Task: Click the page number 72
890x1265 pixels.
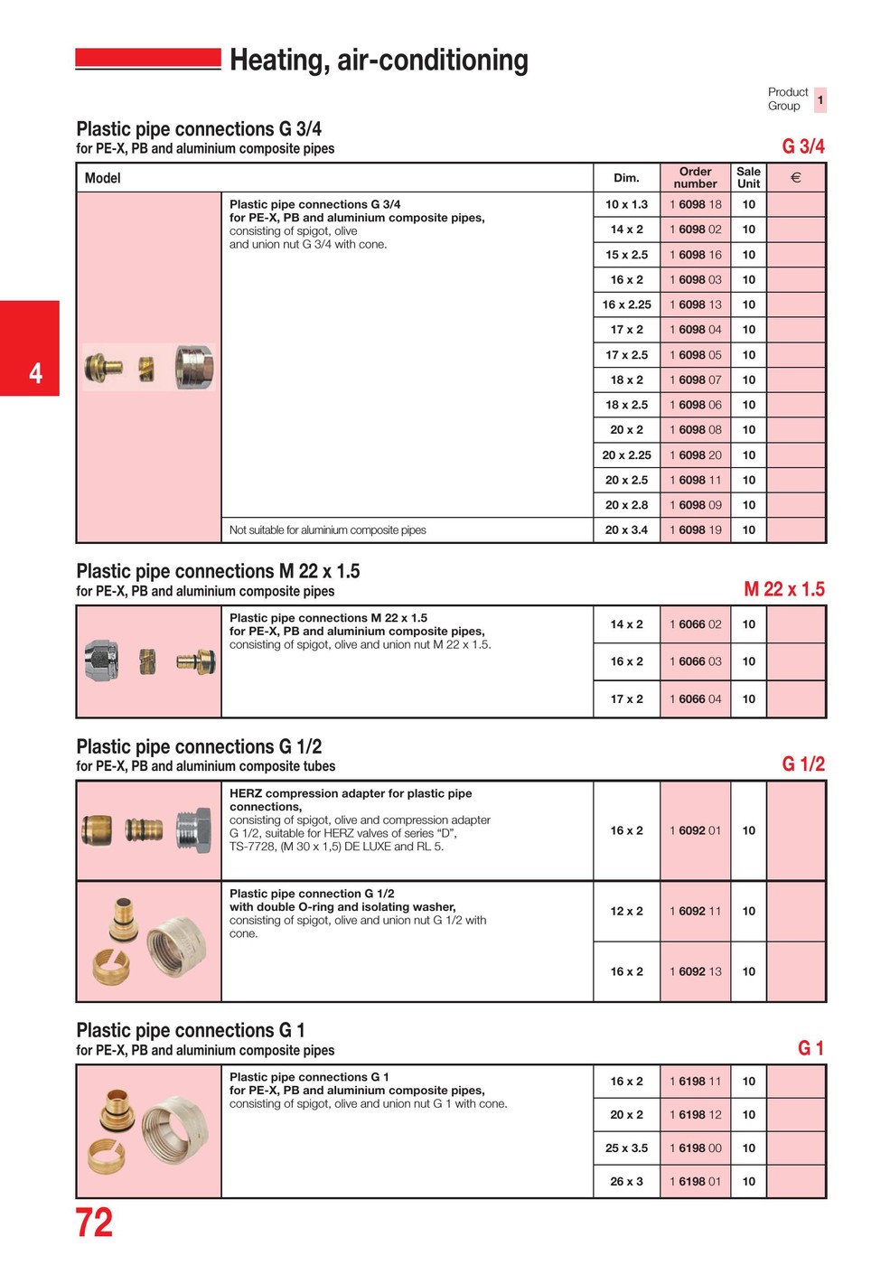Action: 94,1223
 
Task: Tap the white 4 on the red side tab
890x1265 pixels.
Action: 35,372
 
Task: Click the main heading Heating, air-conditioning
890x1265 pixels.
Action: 379,61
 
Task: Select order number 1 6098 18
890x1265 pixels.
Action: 695,205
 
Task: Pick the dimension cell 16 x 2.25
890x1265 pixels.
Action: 626,305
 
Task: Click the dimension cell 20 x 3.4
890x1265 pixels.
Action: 626,530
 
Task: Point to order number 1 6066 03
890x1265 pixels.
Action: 695,662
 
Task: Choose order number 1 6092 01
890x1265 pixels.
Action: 695,831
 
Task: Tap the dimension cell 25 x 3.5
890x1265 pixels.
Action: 626,1148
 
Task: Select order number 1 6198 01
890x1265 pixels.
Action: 695,1182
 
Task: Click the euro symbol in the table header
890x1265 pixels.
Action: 795,178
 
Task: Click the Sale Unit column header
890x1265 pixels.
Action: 748,178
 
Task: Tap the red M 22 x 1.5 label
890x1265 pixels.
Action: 783,590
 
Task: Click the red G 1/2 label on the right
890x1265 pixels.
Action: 802,764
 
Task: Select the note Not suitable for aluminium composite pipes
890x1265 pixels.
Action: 327,530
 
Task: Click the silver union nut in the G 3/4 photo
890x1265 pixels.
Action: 193,367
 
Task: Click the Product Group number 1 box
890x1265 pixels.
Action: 820,99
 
